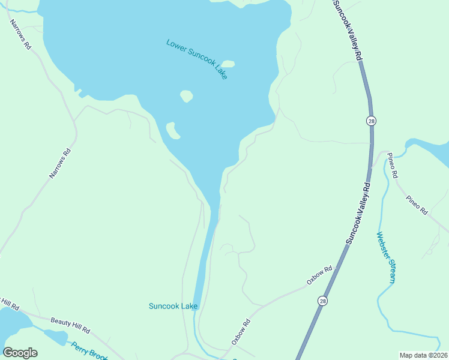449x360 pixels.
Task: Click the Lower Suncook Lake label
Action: point(197,59)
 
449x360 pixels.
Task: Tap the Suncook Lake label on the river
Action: point(173,306)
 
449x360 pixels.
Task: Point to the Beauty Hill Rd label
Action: point(70,325)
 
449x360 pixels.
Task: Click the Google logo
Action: point(20,353)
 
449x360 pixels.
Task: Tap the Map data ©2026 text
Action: point(423,355)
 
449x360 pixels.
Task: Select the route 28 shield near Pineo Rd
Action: point(372,121)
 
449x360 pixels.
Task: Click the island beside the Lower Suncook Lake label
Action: point(228,64)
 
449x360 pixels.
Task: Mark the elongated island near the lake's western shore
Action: point(172,130)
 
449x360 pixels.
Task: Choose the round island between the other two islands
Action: point(187,95)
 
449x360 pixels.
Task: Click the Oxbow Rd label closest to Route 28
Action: point(319,275)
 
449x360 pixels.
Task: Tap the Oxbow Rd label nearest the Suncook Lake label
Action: point(241,332)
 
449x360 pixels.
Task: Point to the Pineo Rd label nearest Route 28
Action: point(393,166)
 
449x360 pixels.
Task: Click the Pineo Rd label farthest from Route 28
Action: point(416,205)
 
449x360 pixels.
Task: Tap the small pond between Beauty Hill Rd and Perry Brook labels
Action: point(56,337)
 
